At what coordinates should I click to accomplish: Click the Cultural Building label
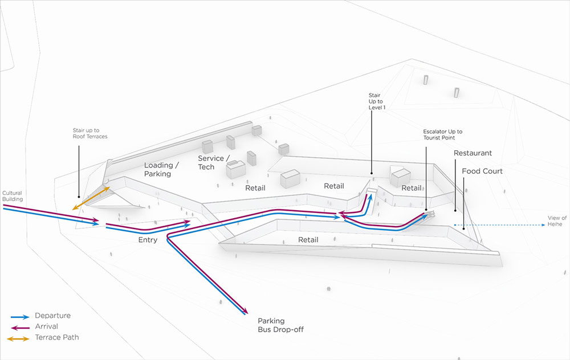point(13,196)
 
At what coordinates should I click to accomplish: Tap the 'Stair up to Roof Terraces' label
point(90,133)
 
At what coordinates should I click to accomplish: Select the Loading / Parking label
point(161,170)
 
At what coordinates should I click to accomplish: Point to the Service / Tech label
point(214,163)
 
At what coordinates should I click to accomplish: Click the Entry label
point(148,240)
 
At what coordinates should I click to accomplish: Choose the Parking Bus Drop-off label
point(280,325)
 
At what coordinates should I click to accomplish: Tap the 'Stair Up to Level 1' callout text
point(377,101)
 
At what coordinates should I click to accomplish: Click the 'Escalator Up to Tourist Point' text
point(442,134)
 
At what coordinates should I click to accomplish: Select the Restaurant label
point(473,153)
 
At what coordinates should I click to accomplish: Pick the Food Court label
point(482,171)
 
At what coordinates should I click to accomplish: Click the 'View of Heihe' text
point(557,221)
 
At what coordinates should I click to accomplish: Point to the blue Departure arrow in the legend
point(19,317)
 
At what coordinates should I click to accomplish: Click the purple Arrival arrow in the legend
point(19,328)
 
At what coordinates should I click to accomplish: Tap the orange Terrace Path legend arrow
point(18,339)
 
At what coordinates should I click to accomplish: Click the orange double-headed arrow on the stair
point(91,198)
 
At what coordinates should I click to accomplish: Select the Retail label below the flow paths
point(308,240)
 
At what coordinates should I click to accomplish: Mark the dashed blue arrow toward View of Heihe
point(499,225)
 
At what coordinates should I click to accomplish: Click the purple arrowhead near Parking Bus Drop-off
point(245,310)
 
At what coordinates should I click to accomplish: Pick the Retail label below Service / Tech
point(255,188)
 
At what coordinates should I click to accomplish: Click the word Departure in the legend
point(52,316)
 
